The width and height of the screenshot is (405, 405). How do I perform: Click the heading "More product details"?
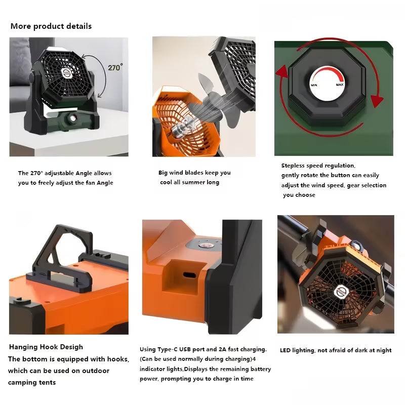[51, 26]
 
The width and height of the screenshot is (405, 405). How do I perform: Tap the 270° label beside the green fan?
[115, 67]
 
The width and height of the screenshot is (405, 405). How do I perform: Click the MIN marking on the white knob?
[314, 85]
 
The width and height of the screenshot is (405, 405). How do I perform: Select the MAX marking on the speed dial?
[339, 85]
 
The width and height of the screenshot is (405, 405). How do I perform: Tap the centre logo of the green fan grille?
[67, 73]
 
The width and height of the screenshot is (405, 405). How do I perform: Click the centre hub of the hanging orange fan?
[341, 292]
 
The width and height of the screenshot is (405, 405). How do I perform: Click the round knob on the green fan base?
[72, 118]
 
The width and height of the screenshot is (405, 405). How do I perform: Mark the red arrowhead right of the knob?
[377, 101]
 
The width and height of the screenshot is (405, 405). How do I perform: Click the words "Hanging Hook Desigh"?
[46, 347]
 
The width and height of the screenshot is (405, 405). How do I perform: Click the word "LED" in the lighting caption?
[285, 350]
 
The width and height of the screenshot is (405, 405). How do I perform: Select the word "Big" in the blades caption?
[163, 173]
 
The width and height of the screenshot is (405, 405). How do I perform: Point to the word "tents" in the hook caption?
[47, 382]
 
